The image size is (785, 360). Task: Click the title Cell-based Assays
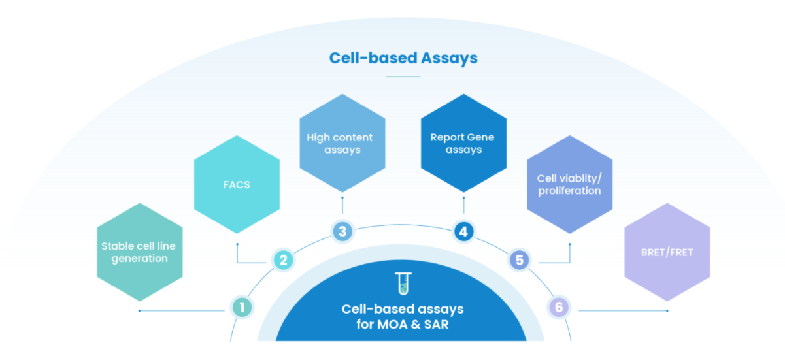pyautogui.click(x=403, y=58)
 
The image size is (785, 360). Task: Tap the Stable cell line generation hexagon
pyautogui.click(x=139, y=252)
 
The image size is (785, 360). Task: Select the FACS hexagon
pyautogui.click(x=237, y=185)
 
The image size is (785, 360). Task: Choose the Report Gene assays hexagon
pyautogui.click(x=463, y=144)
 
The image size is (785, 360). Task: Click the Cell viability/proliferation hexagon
pyautogui.click(x=569, y=184)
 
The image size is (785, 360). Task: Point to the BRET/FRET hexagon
pyautogui.click(x=667, y=252)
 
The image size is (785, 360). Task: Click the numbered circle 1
pyautogui.click(x=242, y=306)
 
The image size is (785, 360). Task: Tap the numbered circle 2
pyautogui.click(x=283, y=260)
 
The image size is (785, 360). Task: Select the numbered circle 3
pyautogui.click(x=342, y=231)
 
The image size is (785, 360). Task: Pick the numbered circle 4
pyautogui.click(x=463, y=231)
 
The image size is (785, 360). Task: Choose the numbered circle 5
pyautogui.click(x=519, y=260)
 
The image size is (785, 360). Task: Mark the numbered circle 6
pyautogui.click(x=560, y=306)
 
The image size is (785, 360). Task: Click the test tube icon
pyautogui.click(x=403, y=283)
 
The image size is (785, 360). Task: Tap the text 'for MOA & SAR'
pyautogui.click(x=403, y=325)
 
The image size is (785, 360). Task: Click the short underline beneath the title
pyautogui.click(x=403, y=76)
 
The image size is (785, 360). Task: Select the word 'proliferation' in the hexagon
pyautogui.click(x=569, y=191)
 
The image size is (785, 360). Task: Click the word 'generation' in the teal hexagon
pyautogui.click(x=139, y=259)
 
